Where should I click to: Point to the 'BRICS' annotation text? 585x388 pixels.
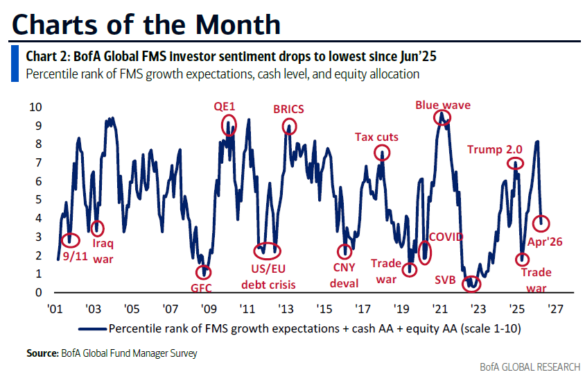[289, 109]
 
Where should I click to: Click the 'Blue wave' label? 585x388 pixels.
[442, 106]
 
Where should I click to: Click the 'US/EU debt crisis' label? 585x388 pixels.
[268, 277]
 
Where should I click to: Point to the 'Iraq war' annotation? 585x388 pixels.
[103, 252]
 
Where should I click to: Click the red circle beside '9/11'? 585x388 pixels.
[69, 239]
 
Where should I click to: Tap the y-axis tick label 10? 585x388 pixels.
[34, 107]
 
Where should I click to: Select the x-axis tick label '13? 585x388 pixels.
[285, 309]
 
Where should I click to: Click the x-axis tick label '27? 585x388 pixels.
[555, 309]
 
